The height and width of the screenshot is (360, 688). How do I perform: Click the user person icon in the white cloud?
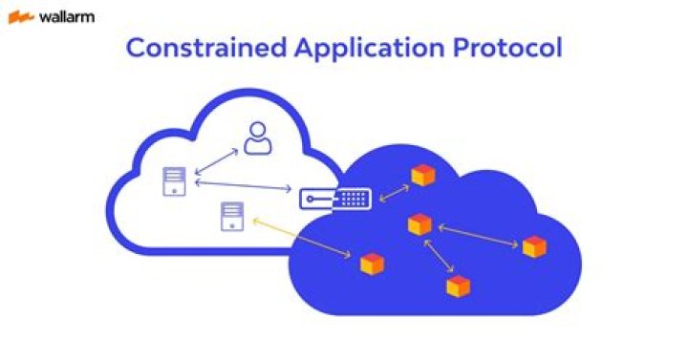(257, 138)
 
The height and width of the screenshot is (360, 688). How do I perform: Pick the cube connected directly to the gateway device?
(421, 175)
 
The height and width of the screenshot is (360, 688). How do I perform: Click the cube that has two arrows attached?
(419, 224)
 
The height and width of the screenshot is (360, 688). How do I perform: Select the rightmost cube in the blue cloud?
(534, 246)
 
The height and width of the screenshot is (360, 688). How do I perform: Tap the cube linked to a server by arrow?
(371, 264)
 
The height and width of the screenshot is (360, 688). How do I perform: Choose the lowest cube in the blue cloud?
(459, 286)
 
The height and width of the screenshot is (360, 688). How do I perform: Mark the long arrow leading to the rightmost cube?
(477, 235)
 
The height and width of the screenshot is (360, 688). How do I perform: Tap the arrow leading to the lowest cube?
(439, 256)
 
